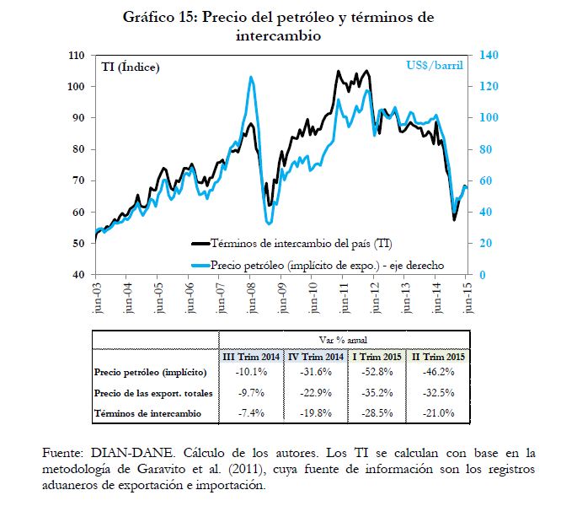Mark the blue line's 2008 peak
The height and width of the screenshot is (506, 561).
coord(251,78)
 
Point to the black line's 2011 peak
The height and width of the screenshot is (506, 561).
coord(339,72)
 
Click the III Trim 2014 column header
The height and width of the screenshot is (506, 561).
coord(250,357)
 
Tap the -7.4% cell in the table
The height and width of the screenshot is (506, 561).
coord(250,412)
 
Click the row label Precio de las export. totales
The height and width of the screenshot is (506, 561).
coord(153,392)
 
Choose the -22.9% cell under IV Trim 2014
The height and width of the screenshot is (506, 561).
coord(312,392)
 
